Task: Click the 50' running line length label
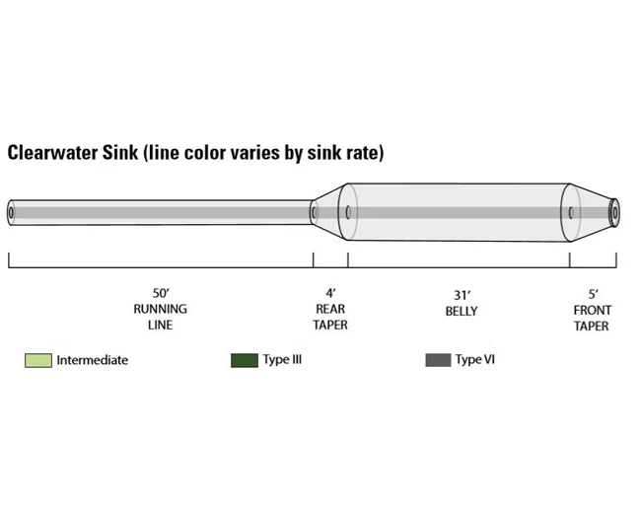tap(160, 293)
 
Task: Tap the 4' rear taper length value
tap(330, 293)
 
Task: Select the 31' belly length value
tap(461, 294)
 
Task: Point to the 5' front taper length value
tap(593, 294)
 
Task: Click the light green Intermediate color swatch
tap(37, 360)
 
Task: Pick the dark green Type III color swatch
tap(244, 360)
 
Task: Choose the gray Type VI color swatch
tap(438, 360)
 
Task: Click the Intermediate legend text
tap(92, 360)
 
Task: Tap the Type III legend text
tap(282, 359)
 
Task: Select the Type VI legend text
tap(474, 359)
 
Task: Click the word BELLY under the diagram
tap(461, 311)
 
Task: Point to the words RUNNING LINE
tap(160, 317)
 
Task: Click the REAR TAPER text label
tap(330, 317)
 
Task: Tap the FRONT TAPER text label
tap(592, 318)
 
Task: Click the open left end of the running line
tap(11, 212)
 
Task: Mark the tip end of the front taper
tap(613, 211)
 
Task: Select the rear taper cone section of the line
tap(328, 210)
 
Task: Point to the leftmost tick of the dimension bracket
tap(9, 260)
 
